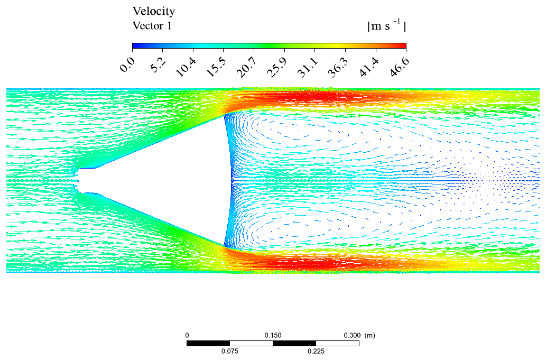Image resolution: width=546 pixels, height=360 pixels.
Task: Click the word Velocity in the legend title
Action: point(153,11)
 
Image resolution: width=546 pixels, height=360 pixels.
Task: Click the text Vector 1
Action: point(152,25)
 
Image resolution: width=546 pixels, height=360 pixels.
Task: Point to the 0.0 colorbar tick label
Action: point(127,67)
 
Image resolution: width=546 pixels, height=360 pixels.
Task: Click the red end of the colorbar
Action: point(402,46)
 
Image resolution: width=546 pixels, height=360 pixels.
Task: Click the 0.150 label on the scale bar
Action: point(273,335)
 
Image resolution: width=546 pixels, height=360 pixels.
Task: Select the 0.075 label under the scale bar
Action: point(229,352)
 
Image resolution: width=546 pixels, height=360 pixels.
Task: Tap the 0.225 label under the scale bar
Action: point(316,352)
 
